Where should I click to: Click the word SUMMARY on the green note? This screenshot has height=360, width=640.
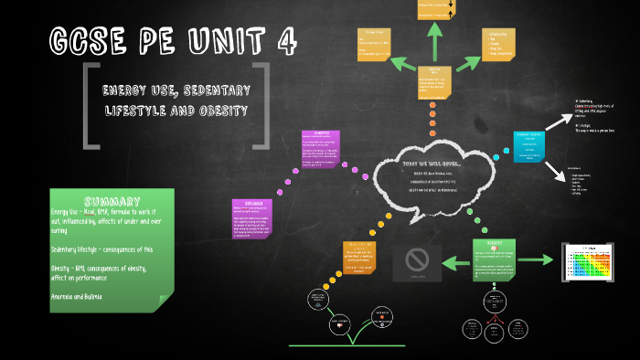(x=112, y=201)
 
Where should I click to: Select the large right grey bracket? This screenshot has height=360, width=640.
(x=262, y=105)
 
